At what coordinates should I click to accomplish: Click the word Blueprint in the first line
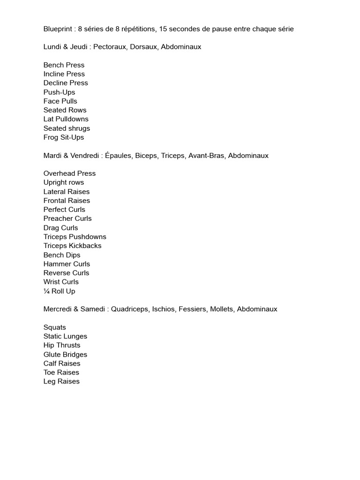coord(59,29)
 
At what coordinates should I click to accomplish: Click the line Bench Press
coord(64,65)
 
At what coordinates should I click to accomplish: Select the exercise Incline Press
coord(64,74)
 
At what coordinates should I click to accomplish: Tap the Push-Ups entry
coord(59,92)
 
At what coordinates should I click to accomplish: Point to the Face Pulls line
coord(60,101)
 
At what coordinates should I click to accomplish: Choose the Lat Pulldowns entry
coord(66,119)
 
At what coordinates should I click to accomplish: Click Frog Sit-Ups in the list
coord(64,137)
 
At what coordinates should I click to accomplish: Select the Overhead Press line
coord(69,173)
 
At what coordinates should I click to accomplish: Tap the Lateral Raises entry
coord(67,192)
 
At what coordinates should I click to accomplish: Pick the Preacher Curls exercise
coord(67,218)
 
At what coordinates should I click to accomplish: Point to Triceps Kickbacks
coord(72,246)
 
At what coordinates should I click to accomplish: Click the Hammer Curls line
coord(67,264)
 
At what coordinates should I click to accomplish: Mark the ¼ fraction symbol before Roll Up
coord(46,291)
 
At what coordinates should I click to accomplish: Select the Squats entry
coord(55,327)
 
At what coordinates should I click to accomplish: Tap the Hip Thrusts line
coord(62,345)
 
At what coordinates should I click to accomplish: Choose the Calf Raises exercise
coord(62,363)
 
